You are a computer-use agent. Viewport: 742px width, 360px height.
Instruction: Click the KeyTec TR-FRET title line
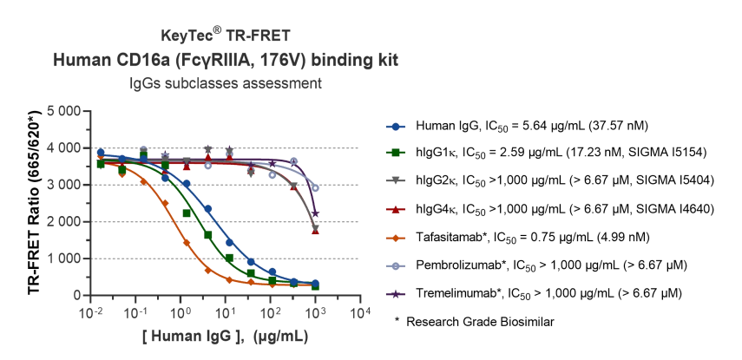[x=225, y=36]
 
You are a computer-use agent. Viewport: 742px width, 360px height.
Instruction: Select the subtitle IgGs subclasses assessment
[x=226, y=83]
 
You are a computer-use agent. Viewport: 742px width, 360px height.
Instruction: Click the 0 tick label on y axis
[x=75, y=295]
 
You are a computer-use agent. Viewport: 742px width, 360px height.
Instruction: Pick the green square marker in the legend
[x=397, y=154]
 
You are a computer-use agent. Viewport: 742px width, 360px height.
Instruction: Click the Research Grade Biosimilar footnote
[x=474, y=322]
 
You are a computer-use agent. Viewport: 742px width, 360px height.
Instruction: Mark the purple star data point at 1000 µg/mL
[x=315, y=213]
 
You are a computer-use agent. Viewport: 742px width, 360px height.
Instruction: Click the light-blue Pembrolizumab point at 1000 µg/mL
[x=315, y=187]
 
